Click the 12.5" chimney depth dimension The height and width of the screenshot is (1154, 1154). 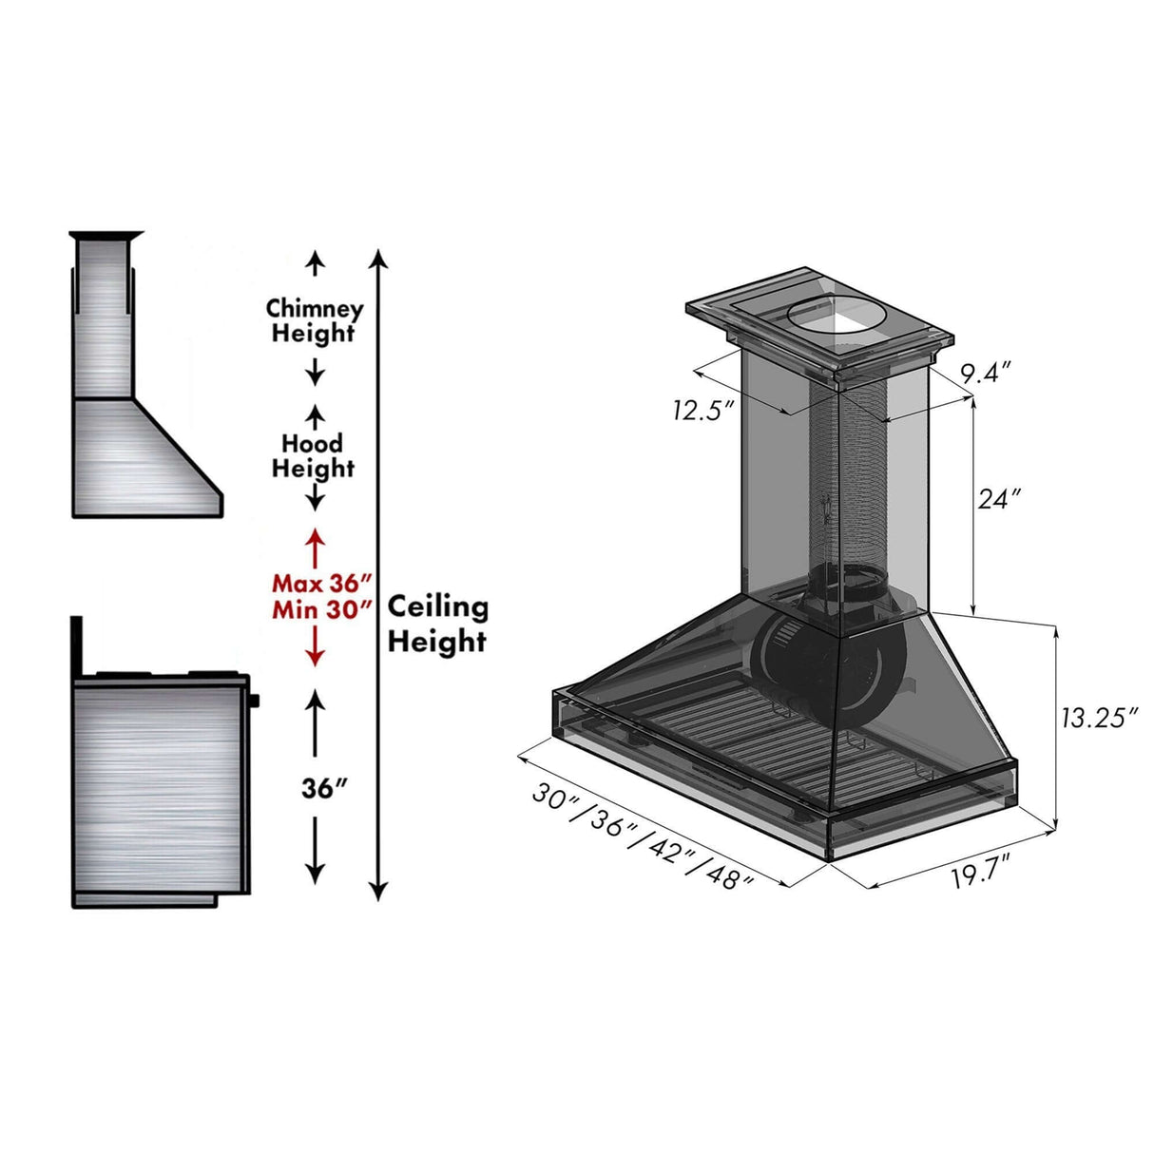(x=703, y=411)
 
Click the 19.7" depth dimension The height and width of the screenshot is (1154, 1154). (x=980, y=873)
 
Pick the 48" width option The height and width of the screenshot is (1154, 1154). (x=730, y=876)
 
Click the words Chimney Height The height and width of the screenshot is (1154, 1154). (x=314, y=321)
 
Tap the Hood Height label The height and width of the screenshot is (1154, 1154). (x=313, y=456)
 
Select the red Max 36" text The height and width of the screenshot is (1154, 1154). (x=320, y=583)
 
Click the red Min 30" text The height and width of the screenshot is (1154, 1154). (x=320, y=610)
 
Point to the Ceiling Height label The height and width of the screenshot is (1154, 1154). (x=437, y=625)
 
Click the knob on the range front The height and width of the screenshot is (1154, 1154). (x=255, y=702)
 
